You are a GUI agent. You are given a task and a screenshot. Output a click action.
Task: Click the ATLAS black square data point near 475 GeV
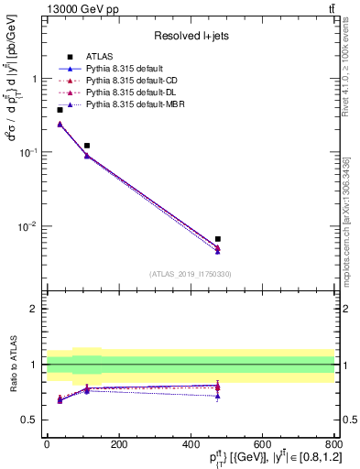click(217, 239)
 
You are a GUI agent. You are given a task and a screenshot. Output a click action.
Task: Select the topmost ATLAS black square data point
click(60, 110)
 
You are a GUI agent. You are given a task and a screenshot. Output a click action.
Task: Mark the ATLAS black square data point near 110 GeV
click(86, 146)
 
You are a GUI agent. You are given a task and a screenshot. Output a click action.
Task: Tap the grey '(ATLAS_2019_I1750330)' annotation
click(191, 274)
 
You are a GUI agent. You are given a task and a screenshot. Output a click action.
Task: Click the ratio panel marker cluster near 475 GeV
click(217, 388)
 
